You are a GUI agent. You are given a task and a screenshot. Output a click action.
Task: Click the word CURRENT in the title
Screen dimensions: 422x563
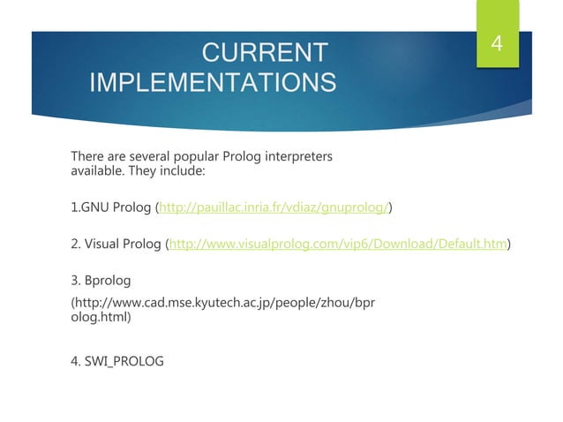(x=265, y=52)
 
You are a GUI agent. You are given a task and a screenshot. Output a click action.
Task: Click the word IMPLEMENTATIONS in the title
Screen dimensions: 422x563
(x=213, y=84)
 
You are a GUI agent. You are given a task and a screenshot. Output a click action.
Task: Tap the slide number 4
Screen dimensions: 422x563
(x=497, y=43)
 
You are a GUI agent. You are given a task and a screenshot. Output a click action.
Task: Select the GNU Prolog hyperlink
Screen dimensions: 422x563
(x=274, y=208)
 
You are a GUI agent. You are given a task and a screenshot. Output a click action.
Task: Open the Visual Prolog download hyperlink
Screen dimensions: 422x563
(x=339, y=244)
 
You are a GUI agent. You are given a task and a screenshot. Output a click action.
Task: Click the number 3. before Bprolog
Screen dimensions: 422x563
(x=76, y=281)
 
